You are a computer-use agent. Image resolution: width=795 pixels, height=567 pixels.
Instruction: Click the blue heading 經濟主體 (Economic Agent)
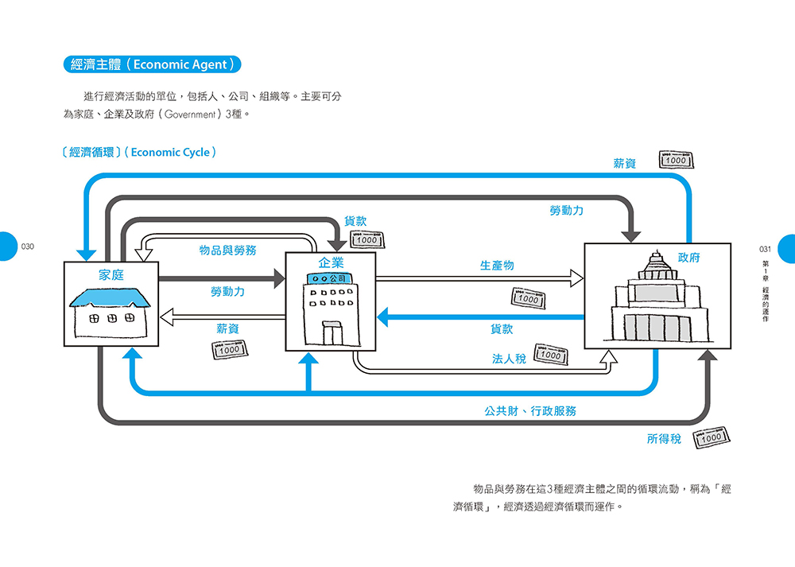[152, 64]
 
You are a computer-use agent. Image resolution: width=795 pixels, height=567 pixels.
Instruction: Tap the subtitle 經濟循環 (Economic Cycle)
[139, 152]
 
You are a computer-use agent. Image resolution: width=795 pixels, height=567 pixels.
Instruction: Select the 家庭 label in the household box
[111, 275]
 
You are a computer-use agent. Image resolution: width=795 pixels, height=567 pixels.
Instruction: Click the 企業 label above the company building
[331, 262]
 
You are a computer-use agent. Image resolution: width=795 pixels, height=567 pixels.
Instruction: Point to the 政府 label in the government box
[688, 258]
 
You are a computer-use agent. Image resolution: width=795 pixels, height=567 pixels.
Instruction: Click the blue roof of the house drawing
[110, 297]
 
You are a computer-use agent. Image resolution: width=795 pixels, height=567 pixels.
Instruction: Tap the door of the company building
[332, 333]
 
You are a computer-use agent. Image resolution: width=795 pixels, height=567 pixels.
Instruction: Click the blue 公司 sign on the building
[330, 278]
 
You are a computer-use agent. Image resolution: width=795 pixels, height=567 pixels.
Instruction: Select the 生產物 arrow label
[497, 266]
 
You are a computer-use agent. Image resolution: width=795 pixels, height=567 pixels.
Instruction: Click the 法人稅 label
[509, 359]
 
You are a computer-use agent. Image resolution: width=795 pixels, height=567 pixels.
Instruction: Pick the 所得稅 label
[664, 439]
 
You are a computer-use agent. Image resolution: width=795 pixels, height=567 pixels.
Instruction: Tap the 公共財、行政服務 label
[530, 411]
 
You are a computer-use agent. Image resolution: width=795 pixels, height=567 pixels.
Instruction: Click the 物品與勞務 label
[227, 250]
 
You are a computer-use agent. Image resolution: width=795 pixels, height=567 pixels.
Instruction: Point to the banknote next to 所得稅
[712, 437]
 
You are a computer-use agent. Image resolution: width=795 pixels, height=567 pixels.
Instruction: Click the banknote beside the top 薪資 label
[676, 160]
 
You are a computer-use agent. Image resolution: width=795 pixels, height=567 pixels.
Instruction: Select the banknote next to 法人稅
[551, 354]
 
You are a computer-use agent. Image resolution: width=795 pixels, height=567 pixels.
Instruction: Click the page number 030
[27, 247]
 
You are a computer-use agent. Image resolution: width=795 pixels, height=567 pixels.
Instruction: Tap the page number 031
[765, 249]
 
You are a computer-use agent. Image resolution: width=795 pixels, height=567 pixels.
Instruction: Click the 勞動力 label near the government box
[566, 211]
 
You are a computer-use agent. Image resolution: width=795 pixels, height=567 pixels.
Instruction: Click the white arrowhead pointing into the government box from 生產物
[577, 278]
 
